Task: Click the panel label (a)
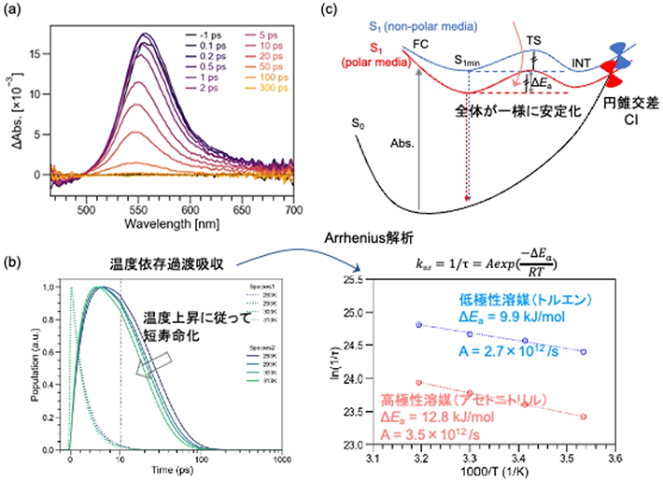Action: coord(14,9)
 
